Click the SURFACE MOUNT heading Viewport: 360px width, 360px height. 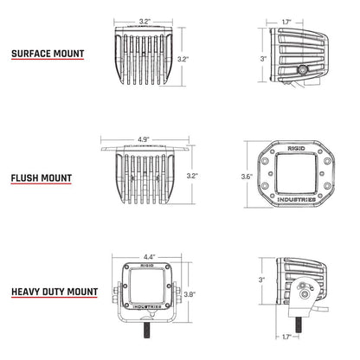coord(47,53)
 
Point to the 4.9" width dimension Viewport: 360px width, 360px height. coord(144,136)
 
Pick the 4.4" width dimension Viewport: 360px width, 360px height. coord(149,257)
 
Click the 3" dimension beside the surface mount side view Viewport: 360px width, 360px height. coord(262,58)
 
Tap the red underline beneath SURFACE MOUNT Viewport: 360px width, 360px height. coord(47,61)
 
